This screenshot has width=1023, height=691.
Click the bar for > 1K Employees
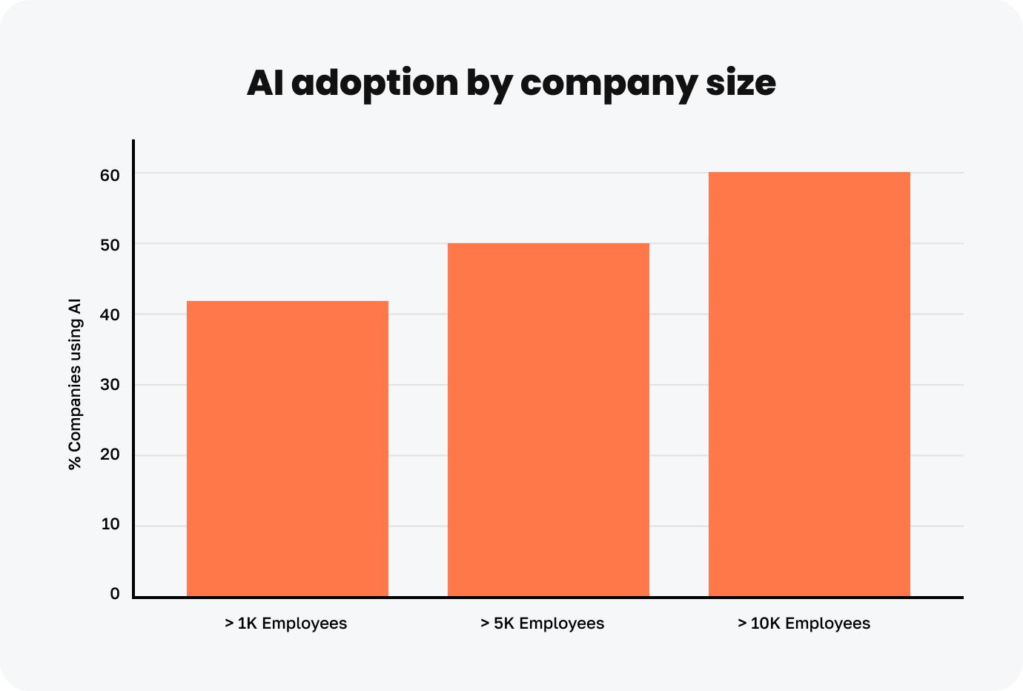pyautogui.click(x=287, y=449)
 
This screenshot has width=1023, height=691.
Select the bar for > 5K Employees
pyautogui.click(x=548, y=420)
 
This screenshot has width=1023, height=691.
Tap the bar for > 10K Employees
pyautogui.click(x=809, y=384)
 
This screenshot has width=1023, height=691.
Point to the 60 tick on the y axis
pyautogui.click(x=110, y=175)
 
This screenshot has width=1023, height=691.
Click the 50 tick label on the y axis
pyautogui.click(x=110, y=245)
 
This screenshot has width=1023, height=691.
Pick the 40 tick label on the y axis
pyautogui.click(x=110, y=315)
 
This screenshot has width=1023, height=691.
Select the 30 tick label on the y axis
pyautogui.click(x=110, y=385)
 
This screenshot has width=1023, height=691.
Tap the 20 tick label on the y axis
pyautogui.click(x=110, y=454)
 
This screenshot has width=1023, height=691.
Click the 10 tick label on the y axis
pyautogui.click(x=110, y=524)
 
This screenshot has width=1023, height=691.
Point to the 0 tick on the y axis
pyautogui.click(x=115, y=594)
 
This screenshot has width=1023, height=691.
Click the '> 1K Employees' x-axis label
pyautogui.click(x=285, y=623)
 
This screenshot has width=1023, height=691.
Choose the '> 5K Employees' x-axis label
pyautogui.click(x=542, y=623)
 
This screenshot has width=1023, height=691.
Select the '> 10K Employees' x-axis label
pyautogui.click(x=804, y=623)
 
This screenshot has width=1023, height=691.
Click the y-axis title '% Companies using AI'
pyautogui.click(x=74, y=384)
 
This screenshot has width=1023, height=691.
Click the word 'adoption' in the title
pyautogui.click(x=374, y=83)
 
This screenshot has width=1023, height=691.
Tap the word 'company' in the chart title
pyautogui.click(x=608, y=83)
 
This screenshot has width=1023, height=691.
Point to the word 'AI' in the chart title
pyautogui.click(x=265, y=83)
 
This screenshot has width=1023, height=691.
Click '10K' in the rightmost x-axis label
pyautogui.click(x=765, y=623)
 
